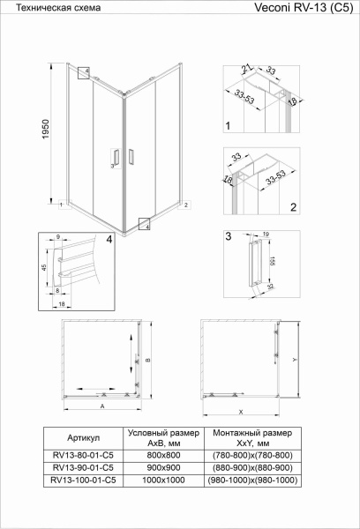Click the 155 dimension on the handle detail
click(274, 262)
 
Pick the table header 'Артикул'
click(83, 438)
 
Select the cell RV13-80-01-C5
click(83, 456)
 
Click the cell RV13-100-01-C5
click(83, 480)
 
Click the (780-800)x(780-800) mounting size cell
click(251, 456)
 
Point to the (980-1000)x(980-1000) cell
click(251, 480)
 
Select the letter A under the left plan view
click(102, 408)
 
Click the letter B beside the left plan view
click(149, 359)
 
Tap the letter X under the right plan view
click(240, 411)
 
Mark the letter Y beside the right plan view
click(293, 361)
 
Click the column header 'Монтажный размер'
click(251, 433)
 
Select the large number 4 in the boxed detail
click(109, 239)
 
